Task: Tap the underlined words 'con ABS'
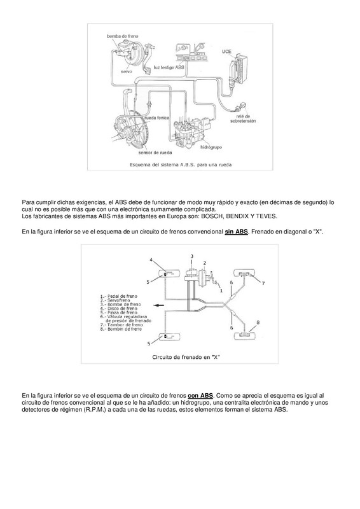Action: click(200, 394)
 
